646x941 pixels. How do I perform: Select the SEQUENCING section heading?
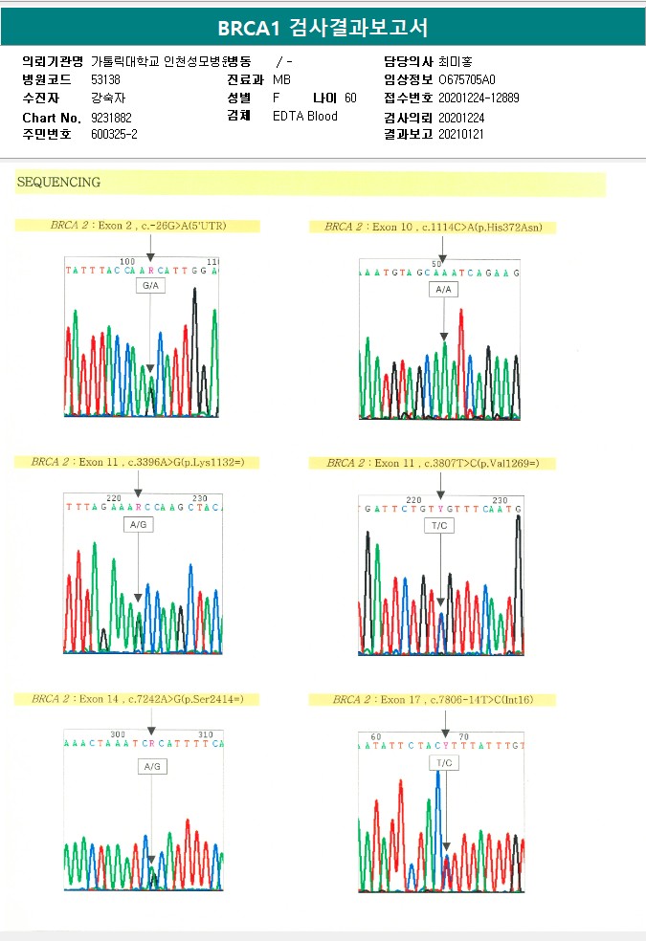coord(58,182)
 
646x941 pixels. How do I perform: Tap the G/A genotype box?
coord(150,286)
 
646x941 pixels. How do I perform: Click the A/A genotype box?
coord(443,289)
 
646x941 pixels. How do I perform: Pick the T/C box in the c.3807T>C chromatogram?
coord(439,526)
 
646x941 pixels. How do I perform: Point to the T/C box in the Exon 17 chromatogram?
coord(444,762)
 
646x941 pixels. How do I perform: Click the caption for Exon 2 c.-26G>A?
coord(138,226)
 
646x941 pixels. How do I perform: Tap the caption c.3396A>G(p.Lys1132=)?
coord(138,462)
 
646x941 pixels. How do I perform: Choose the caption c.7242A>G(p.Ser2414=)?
coord(138,699)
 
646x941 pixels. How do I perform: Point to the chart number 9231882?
coord(111,117)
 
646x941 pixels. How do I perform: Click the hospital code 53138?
coord(105,79)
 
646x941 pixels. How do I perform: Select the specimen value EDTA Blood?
coord(305,117)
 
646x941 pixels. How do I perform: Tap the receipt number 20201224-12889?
coord(479,98)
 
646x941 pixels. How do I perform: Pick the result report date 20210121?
coord(461,135)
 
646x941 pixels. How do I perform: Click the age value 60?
coord(350,98)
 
